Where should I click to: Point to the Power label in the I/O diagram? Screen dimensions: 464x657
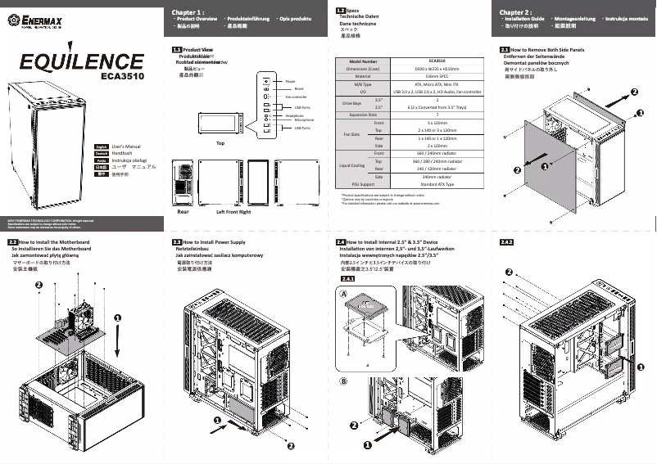coord(290,82)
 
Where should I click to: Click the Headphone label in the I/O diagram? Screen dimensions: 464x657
coord(294,115)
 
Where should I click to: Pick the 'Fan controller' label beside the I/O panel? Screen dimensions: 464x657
coord(296,97)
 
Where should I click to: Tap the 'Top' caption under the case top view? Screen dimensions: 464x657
coord(220,142)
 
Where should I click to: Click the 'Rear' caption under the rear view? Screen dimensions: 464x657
coord(183,211)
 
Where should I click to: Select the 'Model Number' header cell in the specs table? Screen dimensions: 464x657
coord(363,61)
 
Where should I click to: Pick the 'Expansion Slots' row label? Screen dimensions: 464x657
coord(363,115)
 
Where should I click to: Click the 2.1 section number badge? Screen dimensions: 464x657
coord(505,50)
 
